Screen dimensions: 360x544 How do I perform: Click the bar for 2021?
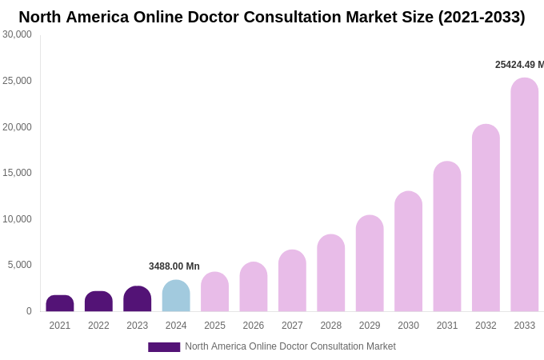coord(60,303)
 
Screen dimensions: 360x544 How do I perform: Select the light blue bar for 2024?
coord(176,296)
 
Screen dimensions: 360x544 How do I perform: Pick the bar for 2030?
coord(408,251)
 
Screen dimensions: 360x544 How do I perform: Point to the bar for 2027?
coord(292,281)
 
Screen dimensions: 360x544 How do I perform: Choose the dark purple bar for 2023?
coord(138,299)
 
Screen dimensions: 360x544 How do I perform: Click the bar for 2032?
coord(486,218)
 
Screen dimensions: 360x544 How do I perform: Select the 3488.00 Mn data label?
coord(174,266)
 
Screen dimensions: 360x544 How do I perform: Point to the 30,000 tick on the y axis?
coord(17,34)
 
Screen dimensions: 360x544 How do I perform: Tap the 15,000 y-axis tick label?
coord(17,173)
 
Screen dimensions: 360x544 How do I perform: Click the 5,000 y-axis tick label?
coord(20,265)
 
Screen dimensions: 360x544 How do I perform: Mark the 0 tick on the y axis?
coord(29,311)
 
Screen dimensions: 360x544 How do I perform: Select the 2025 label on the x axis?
coord(214,326)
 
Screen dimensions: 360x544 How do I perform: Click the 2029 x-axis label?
coord(370,326)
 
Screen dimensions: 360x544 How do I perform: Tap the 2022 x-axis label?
coord(98,326)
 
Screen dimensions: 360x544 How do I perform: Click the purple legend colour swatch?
coord(164,347)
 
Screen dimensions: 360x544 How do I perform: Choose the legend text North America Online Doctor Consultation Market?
coord(290,346)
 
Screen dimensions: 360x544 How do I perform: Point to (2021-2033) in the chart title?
coord(481,17)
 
